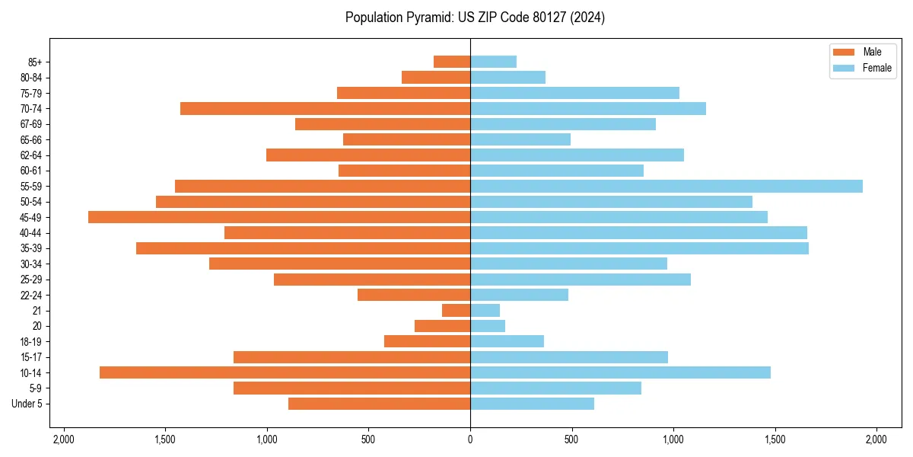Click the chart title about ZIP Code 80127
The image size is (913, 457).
475,18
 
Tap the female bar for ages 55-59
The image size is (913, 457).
666,186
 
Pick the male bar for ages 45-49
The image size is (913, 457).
279,217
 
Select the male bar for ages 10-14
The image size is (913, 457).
285,372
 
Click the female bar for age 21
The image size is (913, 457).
485,310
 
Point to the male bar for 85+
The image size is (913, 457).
452,62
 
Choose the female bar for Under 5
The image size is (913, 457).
532,404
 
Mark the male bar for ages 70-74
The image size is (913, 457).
325,108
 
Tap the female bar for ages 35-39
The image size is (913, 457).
639,248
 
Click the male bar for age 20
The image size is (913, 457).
442,326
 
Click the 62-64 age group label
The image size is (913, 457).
31,155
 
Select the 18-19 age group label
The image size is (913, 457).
31,341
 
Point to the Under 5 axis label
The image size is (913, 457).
27,404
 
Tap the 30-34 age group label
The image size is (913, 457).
31,264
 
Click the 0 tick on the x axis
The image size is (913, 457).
470,439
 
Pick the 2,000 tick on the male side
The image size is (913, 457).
63,439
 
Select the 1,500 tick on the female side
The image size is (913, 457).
775,439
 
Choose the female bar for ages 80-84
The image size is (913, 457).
507,77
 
